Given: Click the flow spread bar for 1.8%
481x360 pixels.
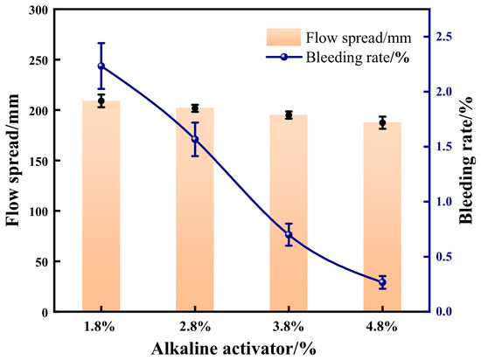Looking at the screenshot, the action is tap(101, 206).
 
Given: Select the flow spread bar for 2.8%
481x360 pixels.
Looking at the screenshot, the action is tap(195, 210).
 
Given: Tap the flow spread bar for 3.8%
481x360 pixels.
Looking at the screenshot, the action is tap(289, 213).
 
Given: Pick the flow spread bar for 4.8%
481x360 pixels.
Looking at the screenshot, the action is tap(382, 218).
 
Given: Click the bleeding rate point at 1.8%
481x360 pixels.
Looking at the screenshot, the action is tap(101, 66).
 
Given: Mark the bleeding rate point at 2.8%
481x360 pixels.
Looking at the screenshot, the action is tap(195, 139).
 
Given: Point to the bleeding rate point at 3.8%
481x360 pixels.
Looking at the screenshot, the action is tap(289, 235).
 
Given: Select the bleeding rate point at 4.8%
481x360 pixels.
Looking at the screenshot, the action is tap(382, 282).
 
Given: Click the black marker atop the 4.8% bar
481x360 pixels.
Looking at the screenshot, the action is tap(382, 123).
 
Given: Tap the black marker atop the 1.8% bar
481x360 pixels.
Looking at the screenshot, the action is tap(101, 100).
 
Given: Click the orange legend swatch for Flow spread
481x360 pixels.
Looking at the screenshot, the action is tap(283, 38).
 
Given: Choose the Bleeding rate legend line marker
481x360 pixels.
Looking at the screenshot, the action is tap(283, 57).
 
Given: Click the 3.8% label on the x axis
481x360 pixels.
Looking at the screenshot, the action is tap(289, 327).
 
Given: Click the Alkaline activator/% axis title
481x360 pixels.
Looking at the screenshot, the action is tap(234, 349).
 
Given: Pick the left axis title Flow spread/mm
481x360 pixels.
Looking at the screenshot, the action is tap(13, 160).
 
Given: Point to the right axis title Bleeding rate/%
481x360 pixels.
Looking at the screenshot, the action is tap(467, 160).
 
